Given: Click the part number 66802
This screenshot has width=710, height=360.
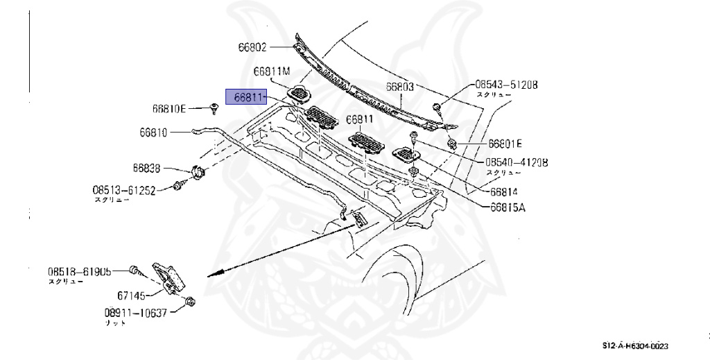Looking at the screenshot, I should coord(252,47).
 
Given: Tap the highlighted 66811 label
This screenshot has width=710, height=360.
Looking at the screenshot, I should coord(246,97).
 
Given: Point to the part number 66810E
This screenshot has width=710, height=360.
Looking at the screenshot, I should coord(169,109).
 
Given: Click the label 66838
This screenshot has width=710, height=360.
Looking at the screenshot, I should coord(147,168).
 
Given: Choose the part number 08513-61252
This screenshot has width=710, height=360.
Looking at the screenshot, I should coord(124,189).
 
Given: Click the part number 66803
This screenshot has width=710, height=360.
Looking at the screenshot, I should coord(400,87).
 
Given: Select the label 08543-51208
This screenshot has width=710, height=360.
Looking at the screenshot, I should coord(505,85).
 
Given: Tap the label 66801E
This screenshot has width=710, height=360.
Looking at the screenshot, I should coord(505,144).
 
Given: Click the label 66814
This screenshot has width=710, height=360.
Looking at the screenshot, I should coord(505,191).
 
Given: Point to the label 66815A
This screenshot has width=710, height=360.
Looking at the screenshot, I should coord(508,207).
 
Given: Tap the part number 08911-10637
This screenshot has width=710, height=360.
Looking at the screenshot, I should coord(136,313).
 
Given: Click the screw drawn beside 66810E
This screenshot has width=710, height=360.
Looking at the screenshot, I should coord(215,107).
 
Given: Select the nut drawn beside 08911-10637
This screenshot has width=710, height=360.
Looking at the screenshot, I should coord(189,302).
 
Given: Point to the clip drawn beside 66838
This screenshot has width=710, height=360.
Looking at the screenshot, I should coord(196,171).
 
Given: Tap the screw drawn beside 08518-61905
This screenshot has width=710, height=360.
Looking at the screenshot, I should coord(136,269).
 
